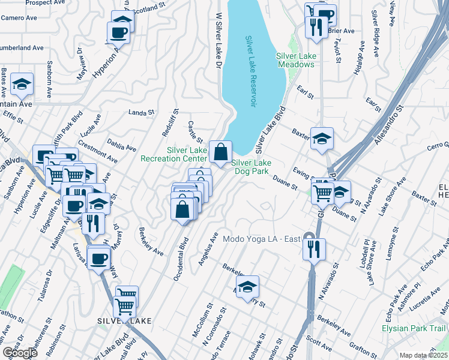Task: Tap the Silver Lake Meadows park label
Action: (x=296, y=60)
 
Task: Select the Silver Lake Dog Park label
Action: (x=252, y=167)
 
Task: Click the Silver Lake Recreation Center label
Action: (x=173, y=154)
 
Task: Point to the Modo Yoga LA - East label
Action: (x=261, y=239)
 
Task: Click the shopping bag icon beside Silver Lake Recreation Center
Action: (x=220, y=151)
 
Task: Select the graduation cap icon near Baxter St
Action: (x=322, y=139)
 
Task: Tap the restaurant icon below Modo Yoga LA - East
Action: (x=314, y=248)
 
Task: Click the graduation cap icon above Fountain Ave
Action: (x=22, y=85)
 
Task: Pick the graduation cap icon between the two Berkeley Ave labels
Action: (x=247, y=286)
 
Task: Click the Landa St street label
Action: (x=142, y=112)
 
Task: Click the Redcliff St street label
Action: (x=175, y=122)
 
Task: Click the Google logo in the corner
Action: (x=20, y=353)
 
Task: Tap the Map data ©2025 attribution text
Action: (x=424, y=355)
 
